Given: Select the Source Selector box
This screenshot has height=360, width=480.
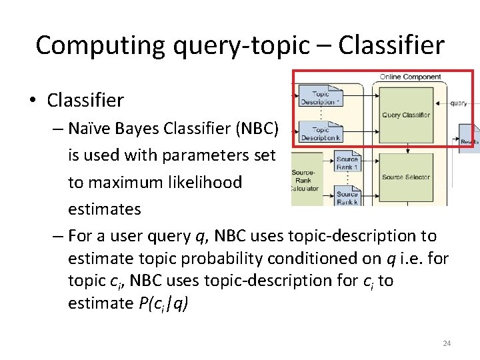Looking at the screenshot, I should click(406, 177).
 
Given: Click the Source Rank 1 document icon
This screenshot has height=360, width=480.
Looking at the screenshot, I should click(347, 162).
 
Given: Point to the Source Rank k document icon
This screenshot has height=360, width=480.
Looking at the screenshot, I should click(347, 195).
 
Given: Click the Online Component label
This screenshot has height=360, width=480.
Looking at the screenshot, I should click(410, 77).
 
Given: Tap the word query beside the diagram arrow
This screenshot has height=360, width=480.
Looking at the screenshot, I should click(459, 103).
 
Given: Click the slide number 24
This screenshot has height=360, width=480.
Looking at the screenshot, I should click(447, 343).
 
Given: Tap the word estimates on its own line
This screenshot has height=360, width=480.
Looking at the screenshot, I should click(105, 209).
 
